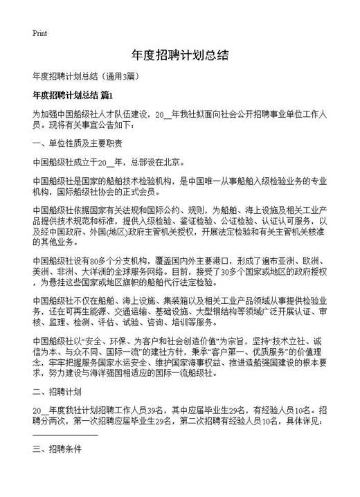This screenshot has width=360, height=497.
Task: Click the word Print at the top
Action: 40,33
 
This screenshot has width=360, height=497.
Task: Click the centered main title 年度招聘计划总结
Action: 179,55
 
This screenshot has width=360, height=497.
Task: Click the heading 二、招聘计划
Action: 57,391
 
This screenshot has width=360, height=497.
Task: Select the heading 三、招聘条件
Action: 57,449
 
